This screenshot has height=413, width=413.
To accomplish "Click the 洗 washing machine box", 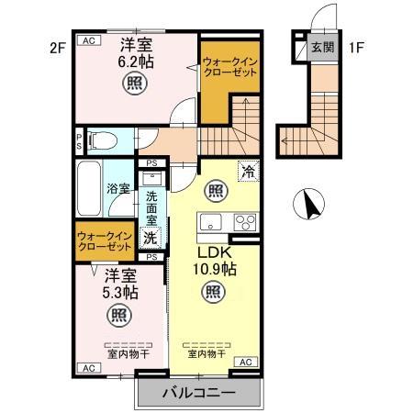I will coord(152,238).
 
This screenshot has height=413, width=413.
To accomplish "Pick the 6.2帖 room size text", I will coord(135,61).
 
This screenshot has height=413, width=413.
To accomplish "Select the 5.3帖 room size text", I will coord(120,294).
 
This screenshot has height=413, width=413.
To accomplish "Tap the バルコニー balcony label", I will coord(199,393).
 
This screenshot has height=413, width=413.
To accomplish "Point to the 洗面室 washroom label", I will coord(152,207).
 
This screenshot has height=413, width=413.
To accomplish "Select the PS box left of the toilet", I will coord(79,140).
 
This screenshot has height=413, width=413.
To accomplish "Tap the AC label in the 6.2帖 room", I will coord(90,39).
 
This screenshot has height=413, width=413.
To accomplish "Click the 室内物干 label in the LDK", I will coord(208,352).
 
